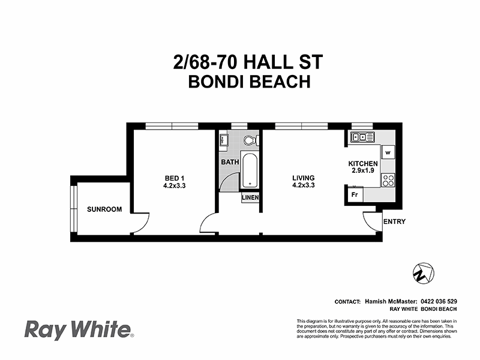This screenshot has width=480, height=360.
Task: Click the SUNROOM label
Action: (x=104, y=209)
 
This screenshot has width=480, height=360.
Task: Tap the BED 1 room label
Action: (x=174, y=178)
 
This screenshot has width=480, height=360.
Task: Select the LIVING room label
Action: (x=303, y=178)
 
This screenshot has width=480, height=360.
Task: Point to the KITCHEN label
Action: (x=363, y=164)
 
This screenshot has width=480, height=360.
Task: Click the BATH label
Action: (x=229, y=162)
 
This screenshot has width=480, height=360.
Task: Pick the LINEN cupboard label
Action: (x=250, y=197)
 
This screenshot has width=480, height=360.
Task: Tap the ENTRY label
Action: (x=394, y=221)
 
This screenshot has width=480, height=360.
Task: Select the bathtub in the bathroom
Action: (x=249, y=170)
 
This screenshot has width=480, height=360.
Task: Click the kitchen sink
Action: (x=362, y=137)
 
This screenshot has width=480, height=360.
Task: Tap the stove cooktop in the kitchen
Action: (x=388, y=179)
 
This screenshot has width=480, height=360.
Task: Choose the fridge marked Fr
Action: (x=354, y=194)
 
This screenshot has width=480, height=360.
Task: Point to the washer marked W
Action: (x=388, y=152)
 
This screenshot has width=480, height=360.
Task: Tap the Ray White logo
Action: (x=78, y=329)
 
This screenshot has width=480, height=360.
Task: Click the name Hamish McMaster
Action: (x=389, y=301)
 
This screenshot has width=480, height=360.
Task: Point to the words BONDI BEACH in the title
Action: (x=249, y=82)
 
